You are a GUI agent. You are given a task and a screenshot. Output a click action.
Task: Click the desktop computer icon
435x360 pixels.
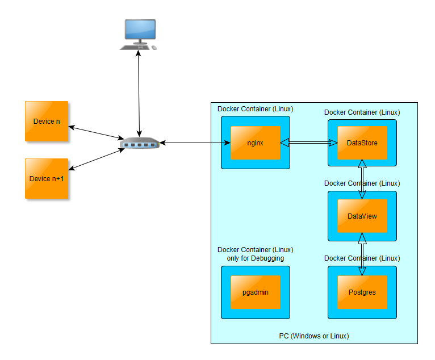(x=138, y=35)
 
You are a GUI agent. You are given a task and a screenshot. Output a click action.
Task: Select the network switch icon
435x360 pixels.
(x=140, y=144)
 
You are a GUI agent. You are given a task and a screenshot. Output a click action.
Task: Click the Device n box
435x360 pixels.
(x=47, y=121)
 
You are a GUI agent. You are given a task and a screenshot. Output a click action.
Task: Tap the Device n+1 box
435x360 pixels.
(x=47, y=178)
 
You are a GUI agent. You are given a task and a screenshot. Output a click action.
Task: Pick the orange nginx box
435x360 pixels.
(x=255, y=143)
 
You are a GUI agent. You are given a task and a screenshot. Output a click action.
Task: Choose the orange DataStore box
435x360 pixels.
(x=362, y=143)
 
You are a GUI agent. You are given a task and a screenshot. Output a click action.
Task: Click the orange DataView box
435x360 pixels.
(x=362, y=216)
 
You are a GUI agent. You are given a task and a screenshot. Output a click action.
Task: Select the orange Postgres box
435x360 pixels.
(x=362, y=292)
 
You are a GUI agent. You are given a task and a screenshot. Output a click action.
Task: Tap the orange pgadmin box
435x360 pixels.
(x=255, y=292)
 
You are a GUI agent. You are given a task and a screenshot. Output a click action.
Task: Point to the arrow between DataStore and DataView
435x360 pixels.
(x=362, y=179)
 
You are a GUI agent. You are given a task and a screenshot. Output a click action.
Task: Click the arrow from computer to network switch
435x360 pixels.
(x=139, y=91)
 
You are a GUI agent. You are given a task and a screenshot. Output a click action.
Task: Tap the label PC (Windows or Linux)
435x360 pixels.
(x=313, y=336)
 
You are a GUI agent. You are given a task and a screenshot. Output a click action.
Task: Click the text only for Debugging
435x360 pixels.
(x=255, y=258)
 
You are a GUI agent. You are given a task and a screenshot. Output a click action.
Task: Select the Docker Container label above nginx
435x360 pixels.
(x=255, y=108)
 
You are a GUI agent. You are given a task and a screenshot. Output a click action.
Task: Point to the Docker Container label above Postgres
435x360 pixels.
(x=362, y=258)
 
